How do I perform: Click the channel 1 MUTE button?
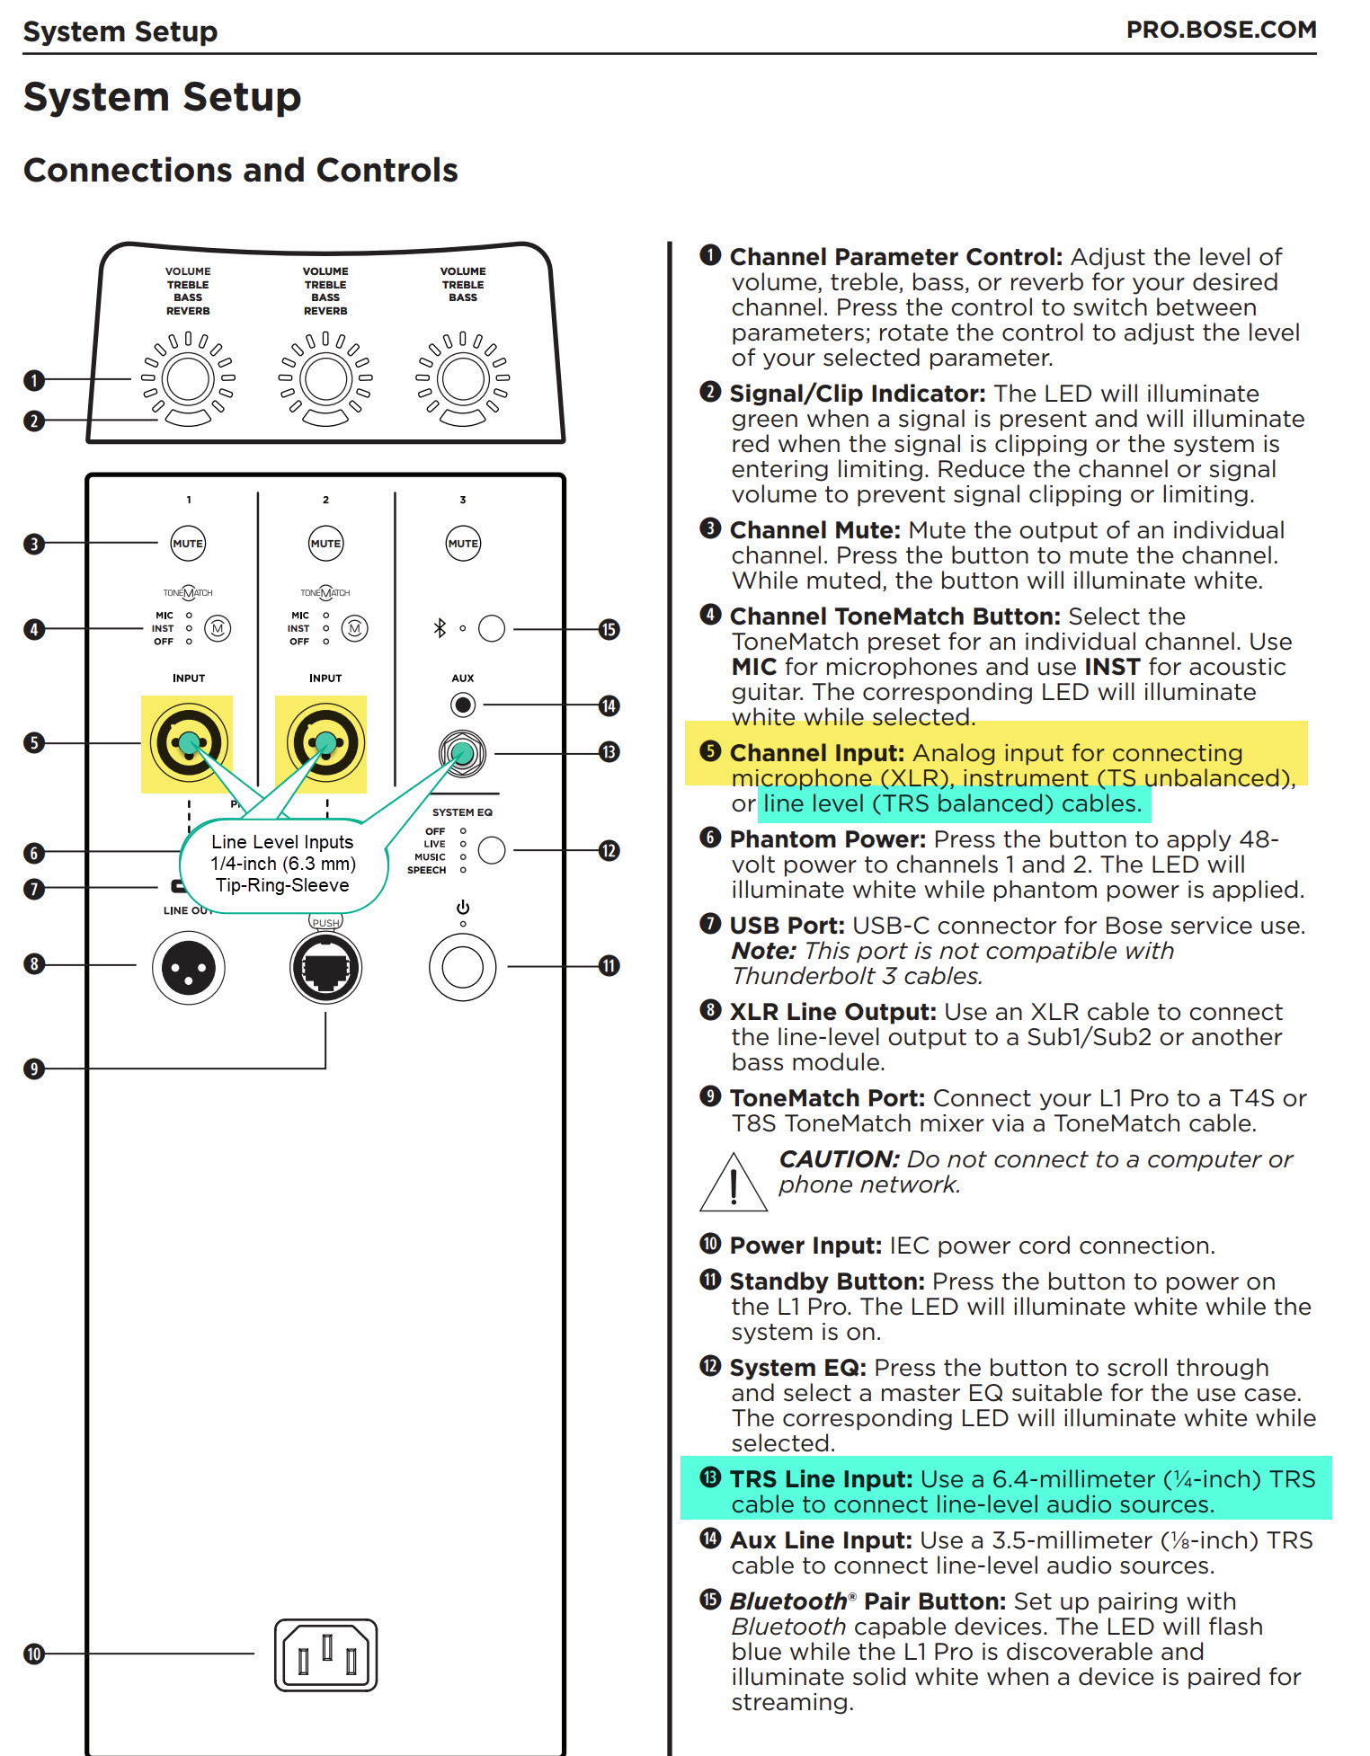point(188,543)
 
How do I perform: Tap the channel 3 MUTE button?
point(463,543)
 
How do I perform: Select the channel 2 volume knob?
point(325,379)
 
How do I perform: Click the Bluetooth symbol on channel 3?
point(440,628)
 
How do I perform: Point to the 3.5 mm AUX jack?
point(463,705)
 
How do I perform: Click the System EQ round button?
point(492,850)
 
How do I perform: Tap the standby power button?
point(463,967)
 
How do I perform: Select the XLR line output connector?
point(189,968)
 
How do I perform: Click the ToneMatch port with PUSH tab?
point(325,967)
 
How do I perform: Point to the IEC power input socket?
point(325,1654)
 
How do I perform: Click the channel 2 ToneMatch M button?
point(354,628)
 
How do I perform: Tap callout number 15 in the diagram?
point(609,629)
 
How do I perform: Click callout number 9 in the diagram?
point(34,1069)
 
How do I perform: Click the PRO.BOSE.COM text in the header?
point(1221,30)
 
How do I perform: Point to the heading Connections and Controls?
point(241,170)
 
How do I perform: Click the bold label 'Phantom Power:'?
point(827,839)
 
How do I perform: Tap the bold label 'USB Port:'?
point(787,926)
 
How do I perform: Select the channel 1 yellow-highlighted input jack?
point(188,743)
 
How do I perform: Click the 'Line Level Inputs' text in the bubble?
point(282,842)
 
